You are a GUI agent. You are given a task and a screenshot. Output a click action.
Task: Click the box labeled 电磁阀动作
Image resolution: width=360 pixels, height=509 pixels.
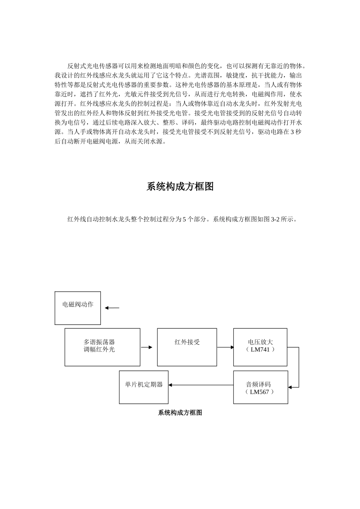[x=78, y=308]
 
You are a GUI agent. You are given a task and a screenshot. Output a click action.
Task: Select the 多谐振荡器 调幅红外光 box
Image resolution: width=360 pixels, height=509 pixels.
[x=102, y=347]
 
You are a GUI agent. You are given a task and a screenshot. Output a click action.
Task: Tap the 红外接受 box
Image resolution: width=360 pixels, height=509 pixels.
[x=187, y=347]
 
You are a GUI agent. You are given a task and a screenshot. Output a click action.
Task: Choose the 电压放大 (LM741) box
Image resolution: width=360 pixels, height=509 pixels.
[x=260, y=347]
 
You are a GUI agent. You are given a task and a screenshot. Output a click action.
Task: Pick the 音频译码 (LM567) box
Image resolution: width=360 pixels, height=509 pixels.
[x=260, y=387]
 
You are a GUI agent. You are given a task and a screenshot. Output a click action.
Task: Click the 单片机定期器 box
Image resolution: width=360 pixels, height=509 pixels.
[x=144, y=387]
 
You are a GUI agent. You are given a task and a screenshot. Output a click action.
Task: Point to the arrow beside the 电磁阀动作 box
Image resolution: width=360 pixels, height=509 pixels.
[x=112, y=308]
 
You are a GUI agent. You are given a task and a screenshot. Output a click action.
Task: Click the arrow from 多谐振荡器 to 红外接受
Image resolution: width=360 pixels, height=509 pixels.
[x=146, y=347]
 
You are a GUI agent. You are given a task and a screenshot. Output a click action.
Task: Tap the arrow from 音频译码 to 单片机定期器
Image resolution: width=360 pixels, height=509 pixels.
[x=201, y=385]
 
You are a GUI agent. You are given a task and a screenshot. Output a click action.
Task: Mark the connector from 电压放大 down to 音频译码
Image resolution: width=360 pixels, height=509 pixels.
[x=299, y=367]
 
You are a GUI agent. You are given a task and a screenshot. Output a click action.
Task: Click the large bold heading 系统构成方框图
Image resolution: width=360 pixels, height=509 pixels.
[x=180, y=187]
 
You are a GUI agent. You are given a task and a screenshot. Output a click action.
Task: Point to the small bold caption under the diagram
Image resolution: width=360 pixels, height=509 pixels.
[x=180, y=413]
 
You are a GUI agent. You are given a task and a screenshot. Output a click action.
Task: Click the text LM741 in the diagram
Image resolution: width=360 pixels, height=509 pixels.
[x=260, y=350]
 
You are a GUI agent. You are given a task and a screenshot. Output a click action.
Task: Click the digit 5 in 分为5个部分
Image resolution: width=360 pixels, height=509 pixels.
[x=185, y=219]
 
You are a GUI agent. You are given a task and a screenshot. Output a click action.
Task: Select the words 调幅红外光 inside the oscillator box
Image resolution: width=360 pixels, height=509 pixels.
[x=99, y=350]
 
